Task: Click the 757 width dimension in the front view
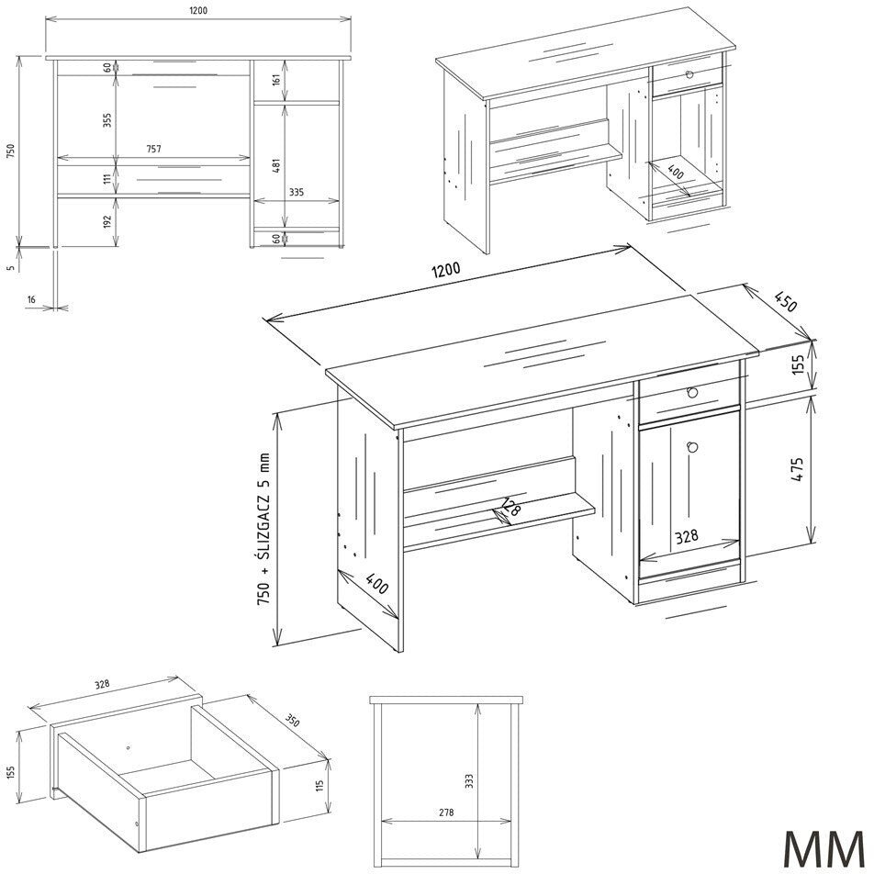(x=153, y=149)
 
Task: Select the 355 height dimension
(x=107, y=120)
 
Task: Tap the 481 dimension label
(x=277, y=165)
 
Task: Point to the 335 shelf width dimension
(x=297, y=192)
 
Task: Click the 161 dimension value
(x=277, y=79)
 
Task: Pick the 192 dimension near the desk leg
(x=107, y=222)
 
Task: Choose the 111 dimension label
(x=107, y=180)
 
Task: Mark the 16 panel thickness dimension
(x=32, y=300)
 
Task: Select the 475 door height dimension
(x=799, y=469)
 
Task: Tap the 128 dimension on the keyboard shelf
(x=510, y=507)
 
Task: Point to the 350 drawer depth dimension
(x=293, y=720)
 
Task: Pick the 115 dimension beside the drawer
(x=319, y=786)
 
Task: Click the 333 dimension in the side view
(x=469, y=780)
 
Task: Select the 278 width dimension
(x=446, y=812)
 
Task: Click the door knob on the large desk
(x=693, y=446)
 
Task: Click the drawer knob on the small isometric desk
(x=690, y=74)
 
